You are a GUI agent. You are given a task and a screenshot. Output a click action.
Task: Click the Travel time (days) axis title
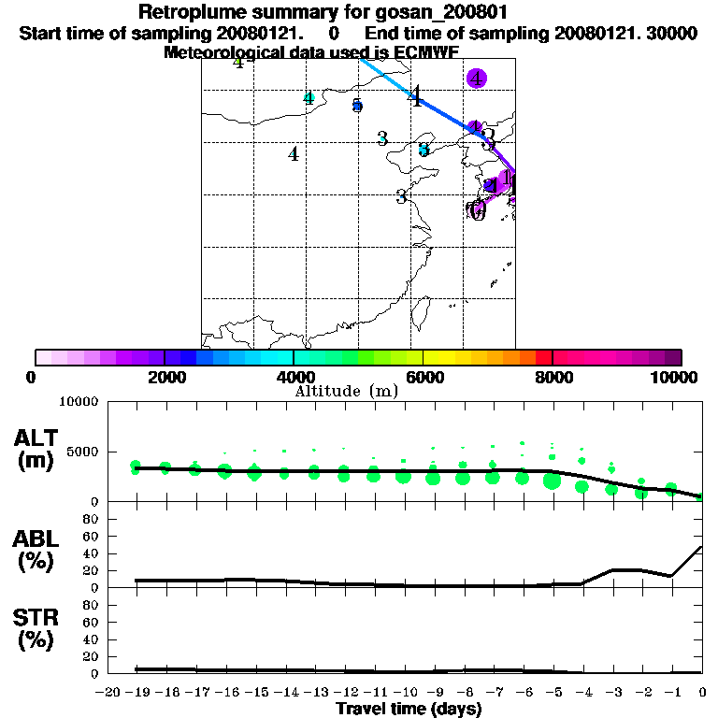coord(409,709)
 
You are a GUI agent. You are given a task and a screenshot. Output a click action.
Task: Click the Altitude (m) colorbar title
coord(346,391)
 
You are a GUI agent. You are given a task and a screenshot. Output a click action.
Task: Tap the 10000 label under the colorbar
coord(673,377)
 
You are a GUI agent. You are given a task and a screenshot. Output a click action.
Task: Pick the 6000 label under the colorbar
coord(424,377)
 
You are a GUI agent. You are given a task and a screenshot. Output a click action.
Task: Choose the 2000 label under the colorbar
coord(165,377)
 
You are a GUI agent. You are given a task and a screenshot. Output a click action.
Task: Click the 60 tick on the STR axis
coord(90,623)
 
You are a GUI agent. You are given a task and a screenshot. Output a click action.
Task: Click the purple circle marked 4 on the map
coord(477,79)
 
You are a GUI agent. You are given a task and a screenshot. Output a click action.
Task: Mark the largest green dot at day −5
coord(552,481)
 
